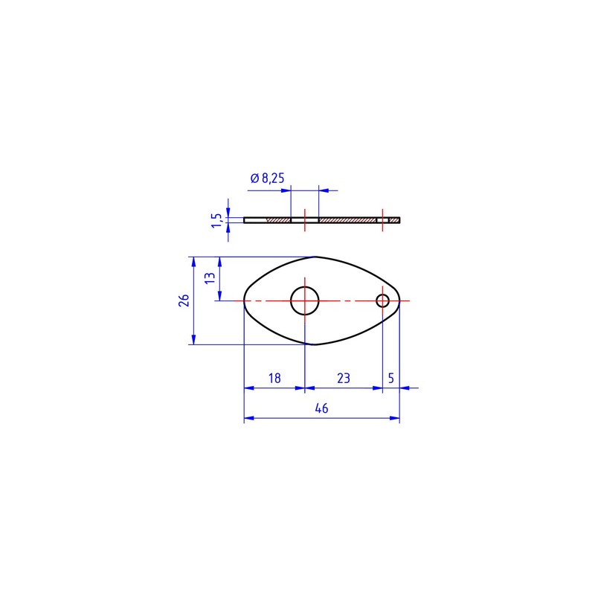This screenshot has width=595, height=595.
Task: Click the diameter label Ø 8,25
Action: click(268, 178)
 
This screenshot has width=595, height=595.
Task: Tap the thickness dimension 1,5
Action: click(216, 220)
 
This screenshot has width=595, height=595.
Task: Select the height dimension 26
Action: click(184, 300)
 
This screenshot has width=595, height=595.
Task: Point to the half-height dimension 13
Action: click(210, 277)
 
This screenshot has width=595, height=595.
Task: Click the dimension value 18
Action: click(274, 379)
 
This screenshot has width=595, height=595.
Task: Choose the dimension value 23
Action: click(344, 379)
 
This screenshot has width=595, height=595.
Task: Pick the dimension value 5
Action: click(391, 379)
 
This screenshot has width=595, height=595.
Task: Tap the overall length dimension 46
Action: click(321, 408)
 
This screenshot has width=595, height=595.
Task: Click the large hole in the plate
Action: click(305, 287)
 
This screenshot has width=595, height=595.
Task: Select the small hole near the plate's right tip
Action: click(382, 295)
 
